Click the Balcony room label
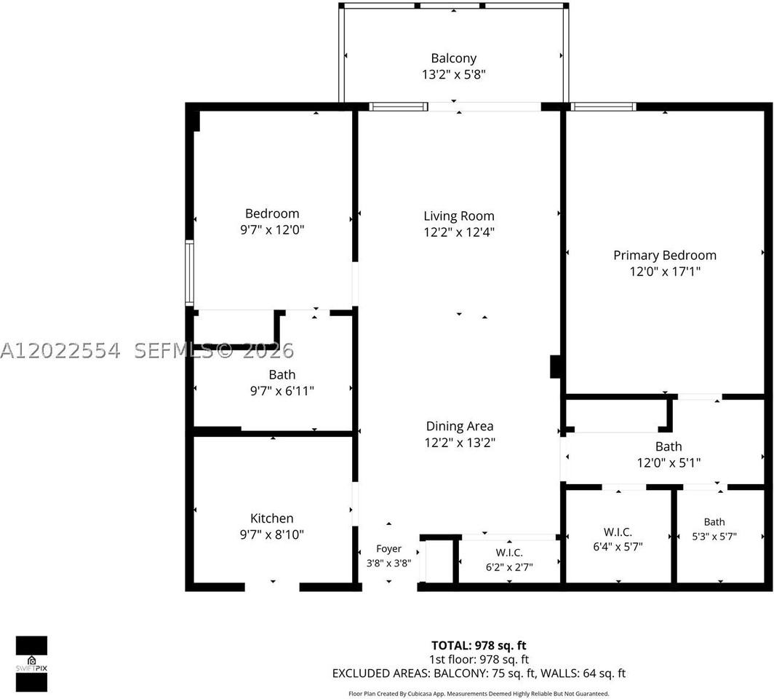point(454,58)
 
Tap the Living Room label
point(459,216)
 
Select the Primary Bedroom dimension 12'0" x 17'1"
point(665,271)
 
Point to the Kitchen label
point(272,518)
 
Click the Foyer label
point(389,549)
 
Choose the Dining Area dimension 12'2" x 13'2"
point(460,442)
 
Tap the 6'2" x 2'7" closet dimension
point(509,567)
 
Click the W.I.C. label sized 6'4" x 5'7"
point(618,532)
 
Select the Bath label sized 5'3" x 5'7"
point(714,521)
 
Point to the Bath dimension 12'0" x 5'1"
point(669,462)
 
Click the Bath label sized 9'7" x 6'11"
point(282,374)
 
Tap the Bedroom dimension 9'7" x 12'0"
point(272,229)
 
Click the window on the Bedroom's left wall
point(190,273)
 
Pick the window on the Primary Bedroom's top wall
point(604,107)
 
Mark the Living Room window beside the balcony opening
point(399,107)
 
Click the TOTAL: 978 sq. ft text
point(479,645)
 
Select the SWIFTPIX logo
point(31,663)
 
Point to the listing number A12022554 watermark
point(60,351)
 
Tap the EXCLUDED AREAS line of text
point(479,673)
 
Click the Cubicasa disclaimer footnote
point(479,694)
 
